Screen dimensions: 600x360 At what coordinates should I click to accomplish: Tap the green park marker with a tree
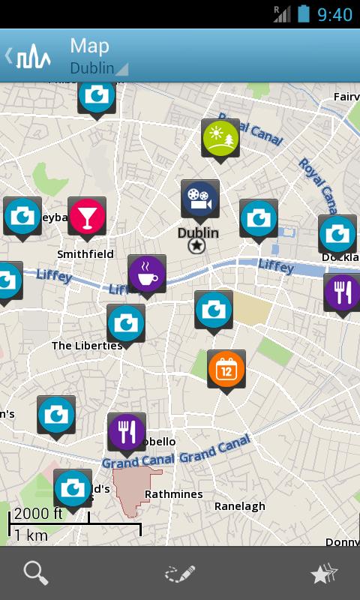(220, 138)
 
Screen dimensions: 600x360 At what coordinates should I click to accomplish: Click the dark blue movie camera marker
(199, 199)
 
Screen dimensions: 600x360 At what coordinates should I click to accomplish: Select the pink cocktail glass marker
(87, 217)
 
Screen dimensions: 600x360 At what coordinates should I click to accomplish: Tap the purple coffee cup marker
(147, 274)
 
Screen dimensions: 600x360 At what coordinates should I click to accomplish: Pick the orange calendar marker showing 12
(226, 369)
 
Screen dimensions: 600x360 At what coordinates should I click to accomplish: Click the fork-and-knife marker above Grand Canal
(127, 432)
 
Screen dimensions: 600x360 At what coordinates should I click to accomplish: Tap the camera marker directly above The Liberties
(126, 323)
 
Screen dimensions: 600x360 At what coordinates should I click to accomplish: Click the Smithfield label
(85, 254)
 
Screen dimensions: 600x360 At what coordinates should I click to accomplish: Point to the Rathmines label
(173, 494)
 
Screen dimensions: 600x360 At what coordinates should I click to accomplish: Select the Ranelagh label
(240, 506)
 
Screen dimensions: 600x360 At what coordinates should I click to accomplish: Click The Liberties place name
(87, 346)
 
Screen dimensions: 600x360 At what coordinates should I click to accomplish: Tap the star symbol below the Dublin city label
(196, 246)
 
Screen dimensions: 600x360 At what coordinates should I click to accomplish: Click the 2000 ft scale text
(38, 514)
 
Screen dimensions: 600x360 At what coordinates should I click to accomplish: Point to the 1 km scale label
(31, 535)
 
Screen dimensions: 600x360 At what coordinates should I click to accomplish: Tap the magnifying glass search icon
(36, 574)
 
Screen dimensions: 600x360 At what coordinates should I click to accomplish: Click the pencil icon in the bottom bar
(180, 574)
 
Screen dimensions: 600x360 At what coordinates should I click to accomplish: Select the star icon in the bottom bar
(324, 574)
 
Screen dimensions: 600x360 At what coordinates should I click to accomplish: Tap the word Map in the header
(89, 45)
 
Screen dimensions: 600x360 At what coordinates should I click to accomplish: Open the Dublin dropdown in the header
(97, 67)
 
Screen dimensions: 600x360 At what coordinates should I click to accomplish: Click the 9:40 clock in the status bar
(334, 14)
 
